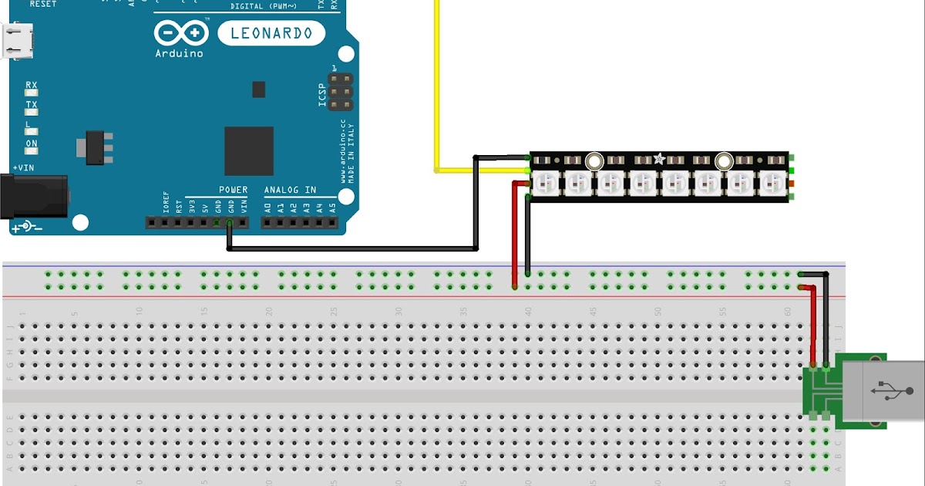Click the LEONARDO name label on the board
[271, 33]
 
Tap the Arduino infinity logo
[182, 33]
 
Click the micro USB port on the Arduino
[18, 41]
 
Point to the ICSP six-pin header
[340, 92]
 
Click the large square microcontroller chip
[249, 150]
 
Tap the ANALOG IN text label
[290, 190]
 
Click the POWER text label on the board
[234, 190]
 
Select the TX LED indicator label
[32, 104]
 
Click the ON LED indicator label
[32, 143]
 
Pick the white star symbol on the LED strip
[659, 159]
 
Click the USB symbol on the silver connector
[892, 391]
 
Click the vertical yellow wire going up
[437, 77]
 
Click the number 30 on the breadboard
[399, 312]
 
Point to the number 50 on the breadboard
[658, 312]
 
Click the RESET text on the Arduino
[43, 4]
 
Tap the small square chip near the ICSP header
[258, 89]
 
